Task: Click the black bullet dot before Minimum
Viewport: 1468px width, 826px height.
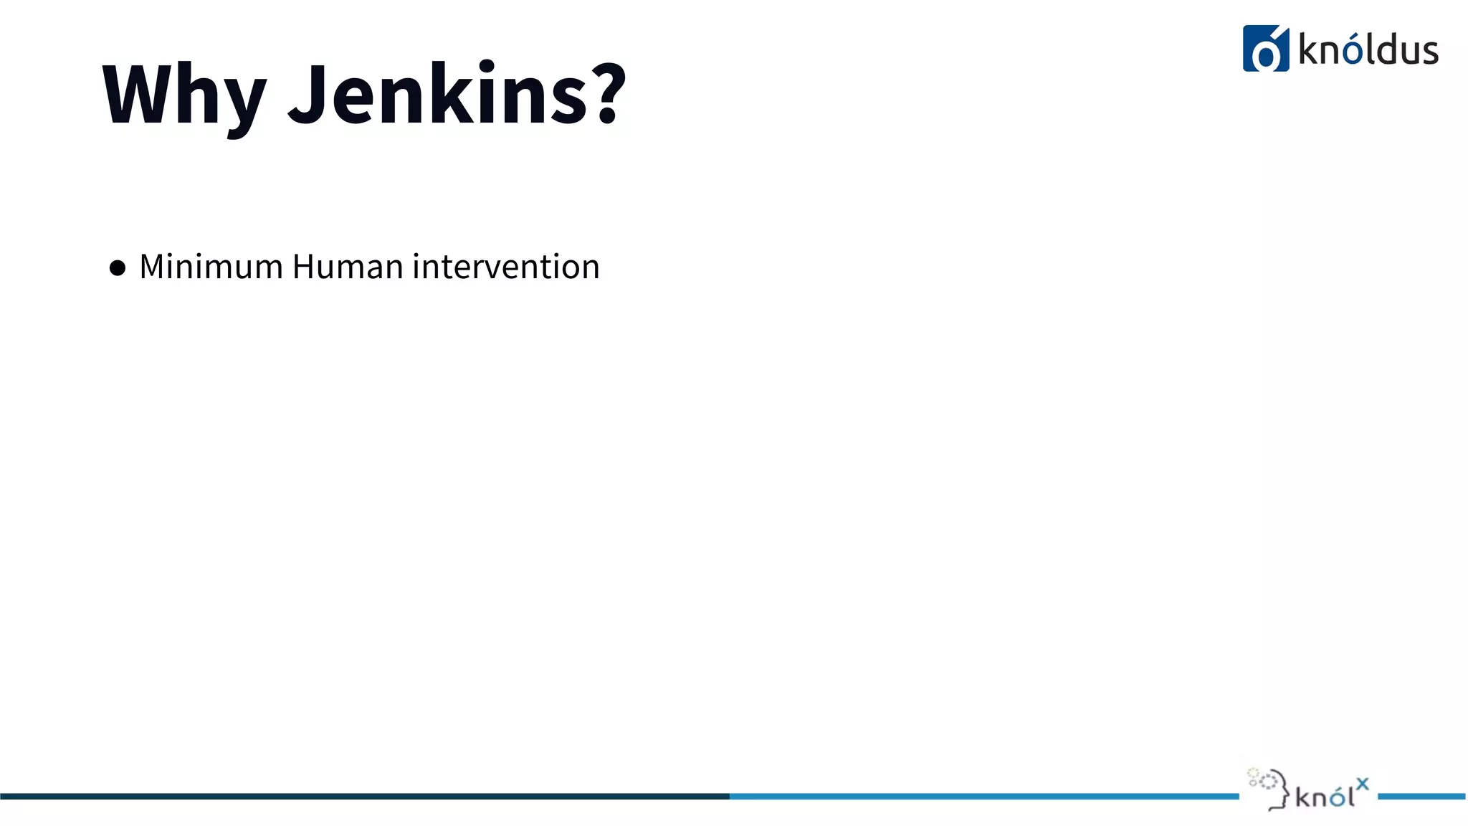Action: click(x=118, y=268)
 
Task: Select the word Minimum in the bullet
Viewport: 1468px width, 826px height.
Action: click(x=211, y=267)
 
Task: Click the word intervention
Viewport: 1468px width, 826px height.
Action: click(x=505, y=267)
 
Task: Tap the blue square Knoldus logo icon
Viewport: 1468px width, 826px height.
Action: click(x=1266, y=49)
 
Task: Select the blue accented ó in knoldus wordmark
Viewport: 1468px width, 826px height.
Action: click(x=1352, y=50)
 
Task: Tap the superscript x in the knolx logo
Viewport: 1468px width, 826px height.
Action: click(x=1363, y=784)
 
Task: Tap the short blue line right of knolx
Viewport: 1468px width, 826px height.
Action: click(x=1422, y=796)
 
